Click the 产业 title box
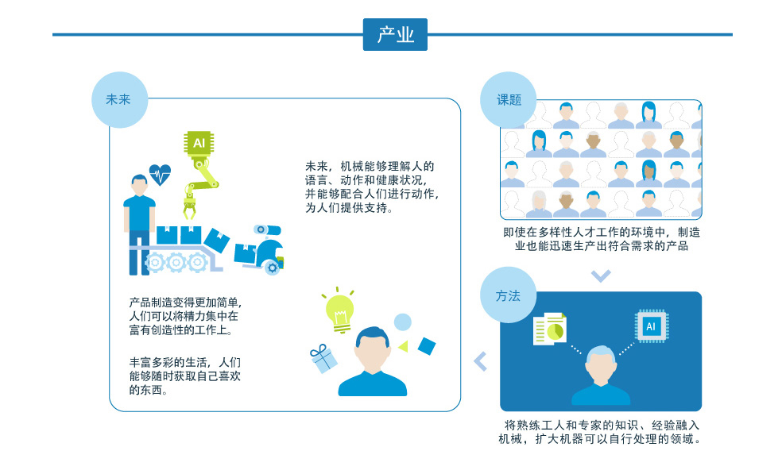(x=395, y=34)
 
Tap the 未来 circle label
(x=120, y=100)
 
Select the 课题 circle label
(x=508, y=100)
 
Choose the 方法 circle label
(x=508, y=295)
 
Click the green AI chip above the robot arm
(x=199, y=144)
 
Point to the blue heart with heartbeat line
(x=160, y=175)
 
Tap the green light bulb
(x=339, y=310)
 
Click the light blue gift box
(x=323, y=359)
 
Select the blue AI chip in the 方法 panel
(x=652, y=326)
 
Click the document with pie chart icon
(x=550, y=329)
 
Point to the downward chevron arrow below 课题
(x=601, y=276)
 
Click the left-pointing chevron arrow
(x=480, y=361)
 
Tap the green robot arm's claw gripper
(x=189, y=209)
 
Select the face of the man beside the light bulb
(x=372, y=351)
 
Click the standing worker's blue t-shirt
(x=139, y=213)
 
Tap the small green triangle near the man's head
(x=403, y=346)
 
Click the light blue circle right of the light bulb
(x=402, y=322)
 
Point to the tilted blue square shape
(x=427, y=346)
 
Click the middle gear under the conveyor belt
(x=176, y=262)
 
